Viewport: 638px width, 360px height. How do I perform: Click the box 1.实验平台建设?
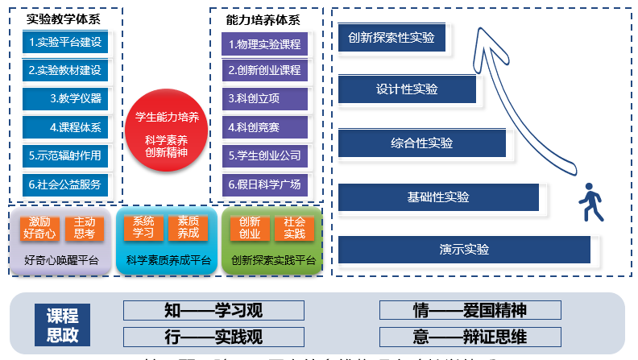point(65,42)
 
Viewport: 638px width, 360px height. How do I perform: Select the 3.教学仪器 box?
point(65,98)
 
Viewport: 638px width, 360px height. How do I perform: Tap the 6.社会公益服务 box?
point(65,184)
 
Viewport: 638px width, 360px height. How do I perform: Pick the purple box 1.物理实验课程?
point(264,43)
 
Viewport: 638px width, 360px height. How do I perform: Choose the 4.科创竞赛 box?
point(264,126)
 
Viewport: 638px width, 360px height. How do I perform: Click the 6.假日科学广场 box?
point(264,184)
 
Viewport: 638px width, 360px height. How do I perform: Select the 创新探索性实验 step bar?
point(391,39)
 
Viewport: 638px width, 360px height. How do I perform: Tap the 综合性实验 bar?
point(421,143)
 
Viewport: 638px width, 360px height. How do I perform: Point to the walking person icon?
point(590,201)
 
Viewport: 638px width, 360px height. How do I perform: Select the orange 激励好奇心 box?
point(40,228)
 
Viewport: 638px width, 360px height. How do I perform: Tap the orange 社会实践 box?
point(294,228)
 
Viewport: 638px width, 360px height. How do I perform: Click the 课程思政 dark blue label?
point(63,325)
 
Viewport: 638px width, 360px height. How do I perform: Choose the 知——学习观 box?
point(213,311)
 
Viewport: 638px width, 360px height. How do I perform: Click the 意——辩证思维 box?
point(470,337)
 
